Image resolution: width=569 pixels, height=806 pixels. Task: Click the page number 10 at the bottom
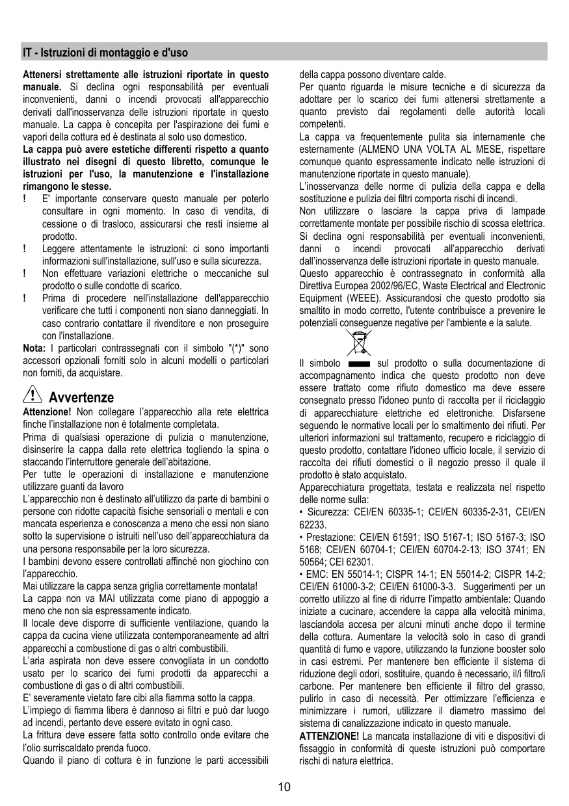tap(284, 787)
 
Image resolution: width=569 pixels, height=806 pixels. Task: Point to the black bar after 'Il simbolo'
tap(359, 364)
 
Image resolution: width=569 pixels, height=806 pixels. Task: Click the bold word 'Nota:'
tap(34, 348)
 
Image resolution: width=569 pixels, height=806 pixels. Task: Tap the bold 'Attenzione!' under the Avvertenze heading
tap(47, 412)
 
